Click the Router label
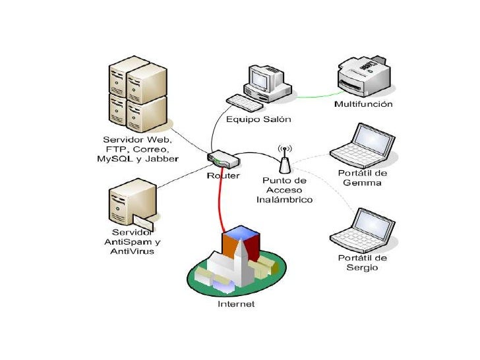[x=223, y=176]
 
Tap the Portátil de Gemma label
[x=363, y=177]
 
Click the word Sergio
[x=362, y=267]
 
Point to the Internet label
[x=236, y=304]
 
